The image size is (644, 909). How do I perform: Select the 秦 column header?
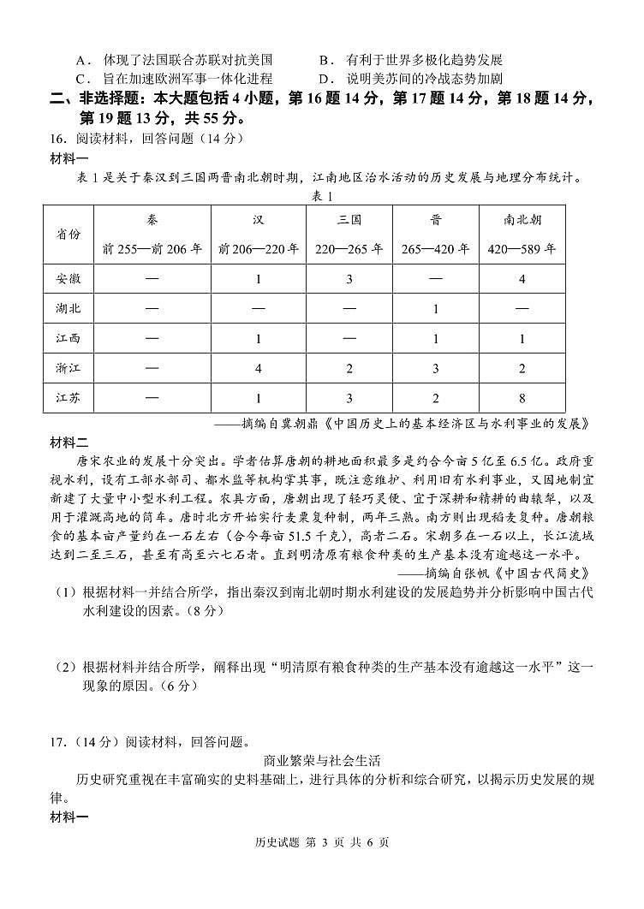[152, 220]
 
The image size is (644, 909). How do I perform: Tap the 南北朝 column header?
[522, 220]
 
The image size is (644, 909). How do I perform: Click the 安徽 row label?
[69, 279]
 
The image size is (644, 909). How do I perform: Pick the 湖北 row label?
[69, 308]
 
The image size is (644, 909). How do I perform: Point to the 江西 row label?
[69, 338]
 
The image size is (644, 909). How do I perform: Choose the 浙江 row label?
[69, 368]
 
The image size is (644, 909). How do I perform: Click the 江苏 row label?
[69, 398]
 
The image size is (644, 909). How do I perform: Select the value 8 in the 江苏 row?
[522, 398]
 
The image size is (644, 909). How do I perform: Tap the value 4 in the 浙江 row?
[259, 368]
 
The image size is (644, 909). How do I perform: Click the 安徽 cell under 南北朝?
[522, 279]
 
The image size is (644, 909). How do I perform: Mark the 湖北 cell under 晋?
[435, 308]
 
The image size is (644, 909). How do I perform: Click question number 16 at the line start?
[57, 139]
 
